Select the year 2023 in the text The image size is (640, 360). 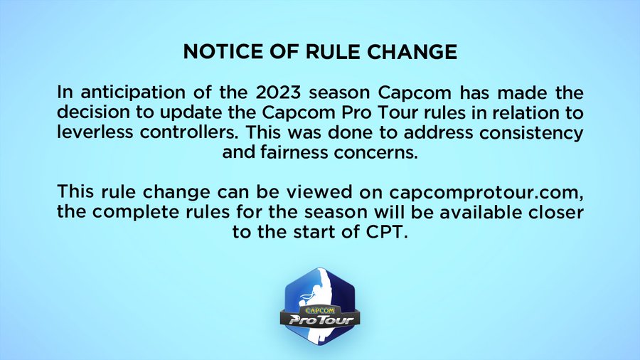coord(278,92)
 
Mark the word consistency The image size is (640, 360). coord(530,133)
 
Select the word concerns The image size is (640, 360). coord(376,153)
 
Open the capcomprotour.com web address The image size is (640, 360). coord(486,193)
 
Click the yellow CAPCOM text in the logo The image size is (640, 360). coord(320,311)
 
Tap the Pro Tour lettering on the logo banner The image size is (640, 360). coord(321,319)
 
